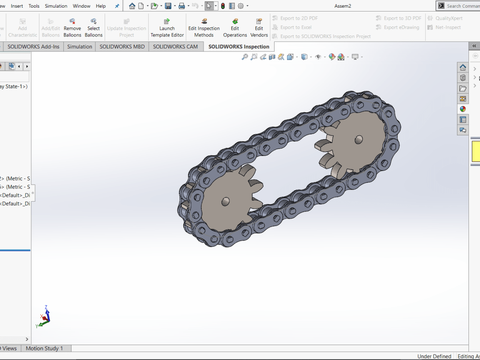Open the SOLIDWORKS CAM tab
click(175, 47)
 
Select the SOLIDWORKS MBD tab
click(122, 47)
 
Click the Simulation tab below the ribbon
click(80, 47)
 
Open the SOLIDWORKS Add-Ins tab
click(34, 47)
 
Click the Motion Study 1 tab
click(44, 348)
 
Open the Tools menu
click(34, 6)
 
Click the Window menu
click(82, 6)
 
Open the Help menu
click(101, 6)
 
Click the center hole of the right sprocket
click(359, 139)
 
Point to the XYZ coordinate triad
click(44, 317)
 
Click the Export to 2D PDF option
click(299, 18)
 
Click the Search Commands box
click(462, 6)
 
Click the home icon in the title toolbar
click(132, 6)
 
